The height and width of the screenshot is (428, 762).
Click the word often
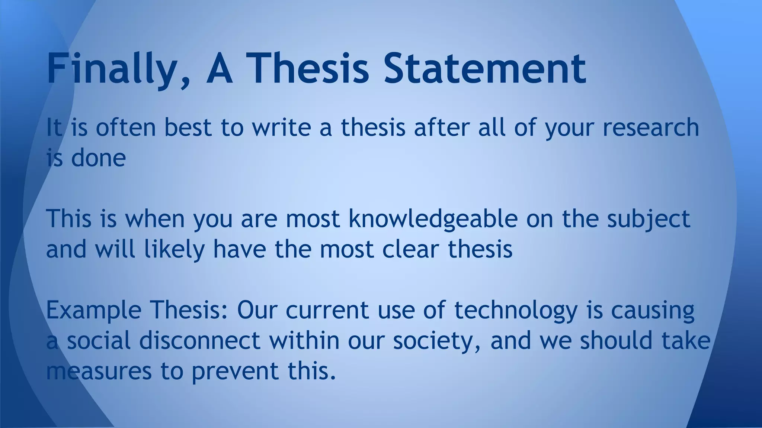126,127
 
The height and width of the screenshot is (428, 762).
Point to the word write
282,127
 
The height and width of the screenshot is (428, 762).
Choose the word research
651,127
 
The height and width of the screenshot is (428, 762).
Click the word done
98,158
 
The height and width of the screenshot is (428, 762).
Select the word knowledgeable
433,219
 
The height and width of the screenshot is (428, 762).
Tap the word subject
649,219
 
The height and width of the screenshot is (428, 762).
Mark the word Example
94,310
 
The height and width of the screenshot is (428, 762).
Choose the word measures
99,371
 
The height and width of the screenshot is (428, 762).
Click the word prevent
235,371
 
